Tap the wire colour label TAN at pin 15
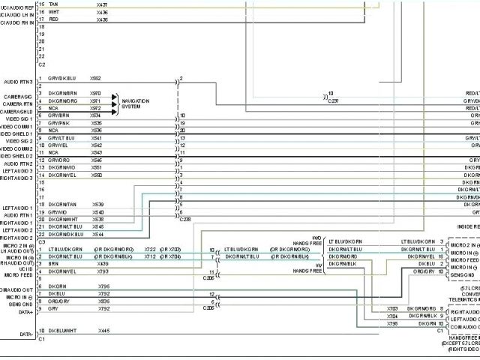pos(52,5)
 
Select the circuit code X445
pos(103,331)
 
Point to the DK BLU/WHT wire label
pos(62,331)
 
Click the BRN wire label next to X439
pos(52,263)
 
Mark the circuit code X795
pos(103,286)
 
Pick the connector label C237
pos(333,100)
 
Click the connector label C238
pos(185,219)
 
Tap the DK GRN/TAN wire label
pos(62,204)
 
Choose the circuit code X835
pos(103,301)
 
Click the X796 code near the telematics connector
pos(392,323)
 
